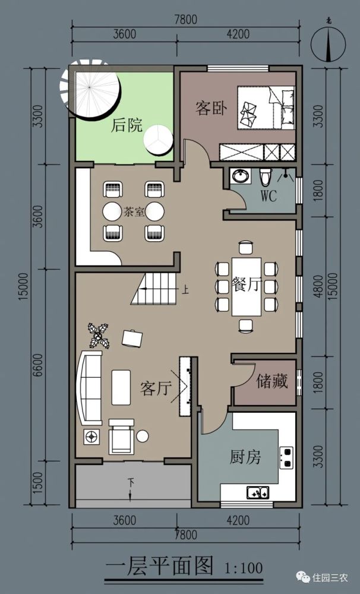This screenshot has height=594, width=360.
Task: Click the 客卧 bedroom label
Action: click(x=211, y=108)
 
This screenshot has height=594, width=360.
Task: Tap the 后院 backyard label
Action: click(x=127, y=125)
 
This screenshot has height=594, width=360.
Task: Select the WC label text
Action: click(x=269, y=195)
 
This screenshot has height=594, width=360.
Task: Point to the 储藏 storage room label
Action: click(x=272, y=381)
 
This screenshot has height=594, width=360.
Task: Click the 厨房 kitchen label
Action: click(x=245, y=457)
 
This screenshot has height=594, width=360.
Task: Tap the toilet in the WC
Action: click(x=266, y=176)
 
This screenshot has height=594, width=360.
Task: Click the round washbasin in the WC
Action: click(x=240, y=176)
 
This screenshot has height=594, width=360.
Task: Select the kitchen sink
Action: click(x=258, y=492)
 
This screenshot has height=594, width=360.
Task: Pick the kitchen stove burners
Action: click(x=287, y=457)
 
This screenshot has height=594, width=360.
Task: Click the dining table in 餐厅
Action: click(x=247, y=286)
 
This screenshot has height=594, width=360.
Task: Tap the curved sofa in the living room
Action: click(x=90, y=388)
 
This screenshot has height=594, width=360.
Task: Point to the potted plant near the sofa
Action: click(x=99, y=335)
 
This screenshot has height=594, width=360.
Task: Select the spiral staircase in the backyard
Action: click(x=90, y=89)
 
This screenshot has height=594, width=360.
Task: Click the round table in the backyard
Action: click(x=159, y=140)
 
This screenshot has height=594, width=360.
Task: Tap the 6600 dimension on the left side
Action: click(x=38, y=365)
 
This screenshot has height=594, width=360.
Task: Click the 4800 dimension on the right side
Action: click(x=318, y=286)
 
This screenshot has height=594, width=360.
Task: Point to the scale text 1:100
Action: click(x=244, y=568)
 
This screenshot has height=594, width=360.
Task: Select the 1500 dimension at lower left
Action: click(x=38, y=482)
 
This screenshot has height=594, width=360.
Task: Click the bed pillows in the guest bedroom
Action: click(x=288, y=107)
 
